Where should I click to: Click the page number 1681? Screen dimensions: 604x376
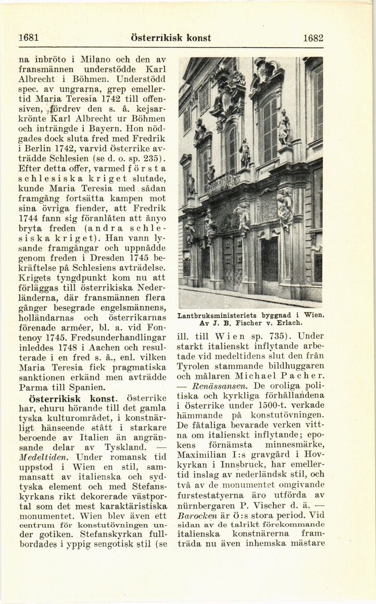pos(29,37)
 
